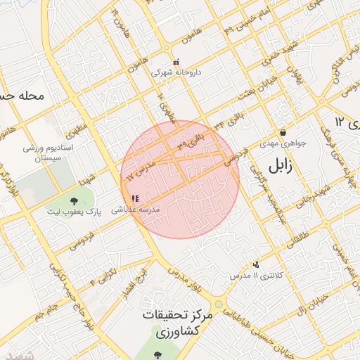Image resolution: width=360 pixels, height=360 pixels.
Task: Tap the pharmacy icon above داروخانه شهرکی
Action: (176, 62)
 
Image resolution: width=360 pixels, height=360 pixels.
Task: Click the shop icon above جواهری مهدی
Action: (283, 132)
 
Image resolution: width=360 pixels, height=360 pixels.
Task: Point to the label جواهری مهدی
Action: (285, 143)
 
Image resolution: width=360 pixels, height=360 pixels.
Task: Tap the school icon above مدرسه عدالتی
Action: (135, 199)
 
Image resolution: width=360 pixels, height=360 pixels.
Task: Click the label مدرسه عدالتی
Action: (142, 210)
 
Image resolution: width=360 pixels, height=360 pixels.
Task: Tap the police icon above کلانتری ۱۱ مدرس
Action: (256, 265)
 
